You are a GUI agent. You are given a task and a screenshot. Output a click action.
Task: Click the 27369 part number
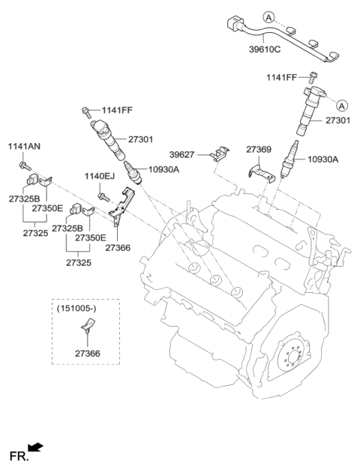tap(260, 150)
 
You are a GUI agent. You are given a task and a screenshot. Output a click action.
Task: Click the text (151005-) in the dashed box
tap(76, 307)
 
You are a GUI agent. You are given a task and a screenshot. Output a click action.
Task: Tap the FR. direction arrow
tap(35, 449)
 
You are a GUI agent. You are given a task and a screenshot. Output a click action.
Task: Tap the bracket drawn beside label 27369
tap(259, 172)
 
